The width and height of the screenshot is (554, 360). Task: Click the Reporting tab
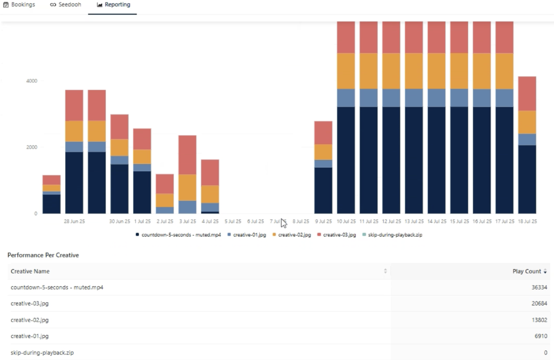[113, 5]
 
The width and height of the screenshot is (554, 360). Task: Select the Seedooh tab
[66, 5]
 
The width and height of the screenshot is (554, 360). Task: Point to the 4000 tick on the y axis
[32, 81]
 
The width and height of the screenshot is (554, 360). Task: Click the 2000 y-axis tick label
[32, 147]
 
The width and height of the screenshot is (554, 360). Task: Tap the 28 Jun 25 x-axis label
[74, 222]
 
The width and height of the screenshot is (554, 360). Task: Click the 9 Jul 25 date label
[323, 222]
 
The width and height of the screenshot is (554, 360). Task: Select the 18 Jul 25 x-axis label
[527, 222]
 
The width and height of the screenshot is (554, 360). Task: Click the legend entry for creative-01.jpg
[246, 235]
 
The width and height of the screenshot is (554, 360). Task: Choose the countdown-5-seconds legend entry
[178, 235]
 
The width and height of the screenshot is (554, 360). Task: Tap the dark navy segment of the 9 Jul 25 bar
[323, 190]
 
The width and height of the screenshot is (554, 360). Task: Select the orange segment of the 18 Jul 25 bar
[527, 122]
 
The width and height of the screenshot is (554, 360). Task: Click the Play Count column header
[526, 271]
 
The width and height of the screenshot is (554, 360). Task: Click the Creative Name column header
[30, 271]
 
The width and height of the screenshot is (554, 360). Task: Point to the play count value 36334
[540, 288]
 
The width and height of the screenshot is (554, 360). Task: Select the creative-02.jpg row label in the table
[30, 320]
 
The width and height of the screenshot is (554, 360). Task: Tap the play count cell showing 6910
[542, 336]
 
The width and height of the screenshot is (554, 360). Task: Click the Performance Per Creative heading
[43, 255]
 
